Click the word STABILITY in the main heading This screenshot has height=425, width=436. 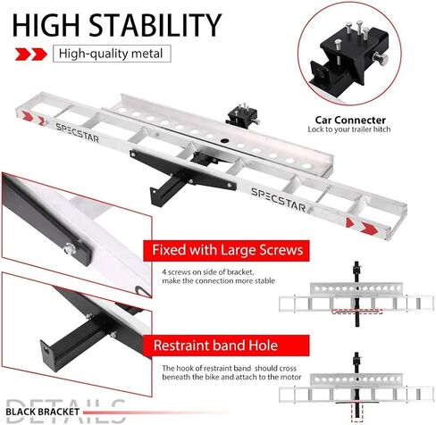(155, 25)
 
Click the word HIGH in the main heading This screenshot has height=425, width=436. (46, 25)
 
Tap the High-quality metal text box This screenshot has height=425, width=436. (112, 54)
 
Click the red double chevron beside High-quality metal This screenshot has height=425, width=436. (31, 54)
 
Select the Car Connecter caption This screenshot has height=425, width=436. (350, 121)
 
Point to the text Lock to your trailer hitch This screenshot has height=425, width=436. (349, 129)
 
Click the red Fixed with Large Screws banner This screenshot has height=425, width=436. (226, 250)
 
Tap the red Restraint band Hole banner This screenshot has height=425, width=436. (226, 346)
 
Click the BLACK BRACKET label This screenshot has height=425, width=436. (42, 412)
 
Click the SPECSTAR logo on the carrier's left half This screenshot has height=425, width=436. (77, 133)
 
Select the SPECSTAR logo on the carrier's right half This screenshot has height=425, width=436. (281, 200)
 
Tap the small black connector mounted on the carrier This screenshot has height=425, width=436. (241, 115)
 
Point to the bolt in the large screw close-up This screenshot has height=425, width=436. (69, 248)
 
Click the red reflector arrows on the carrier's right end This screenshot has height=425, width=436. (362, 226)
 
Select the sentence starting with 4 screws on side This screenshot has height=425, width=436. (218, 277)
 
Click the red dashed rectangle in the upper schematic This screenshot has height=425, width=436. (357, 312)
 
